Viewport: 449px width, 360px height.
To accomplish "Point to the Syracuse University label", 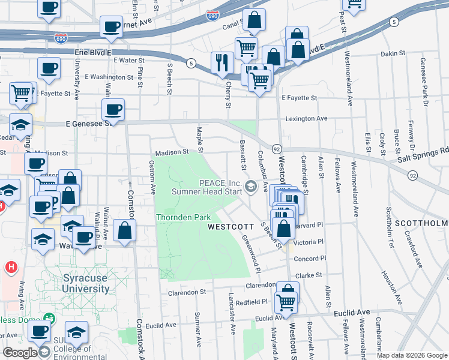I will coord(86,283).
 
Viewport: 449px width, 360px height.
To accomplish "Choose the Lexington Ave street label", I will coord(306,119).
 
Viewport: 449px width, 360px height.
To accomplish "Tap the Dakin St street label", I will coord(393,54).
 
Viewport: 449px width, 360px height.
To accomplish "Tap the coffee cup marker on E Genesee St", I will coord(113,110).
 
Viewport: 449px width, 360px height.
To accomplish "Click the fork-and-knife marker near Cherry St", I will coord(222,62).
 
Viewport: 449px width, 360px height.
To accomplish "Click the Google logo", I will coord(20,353).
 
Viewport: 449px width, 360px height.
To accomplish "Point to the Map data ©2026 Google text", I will coord(412,356).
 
